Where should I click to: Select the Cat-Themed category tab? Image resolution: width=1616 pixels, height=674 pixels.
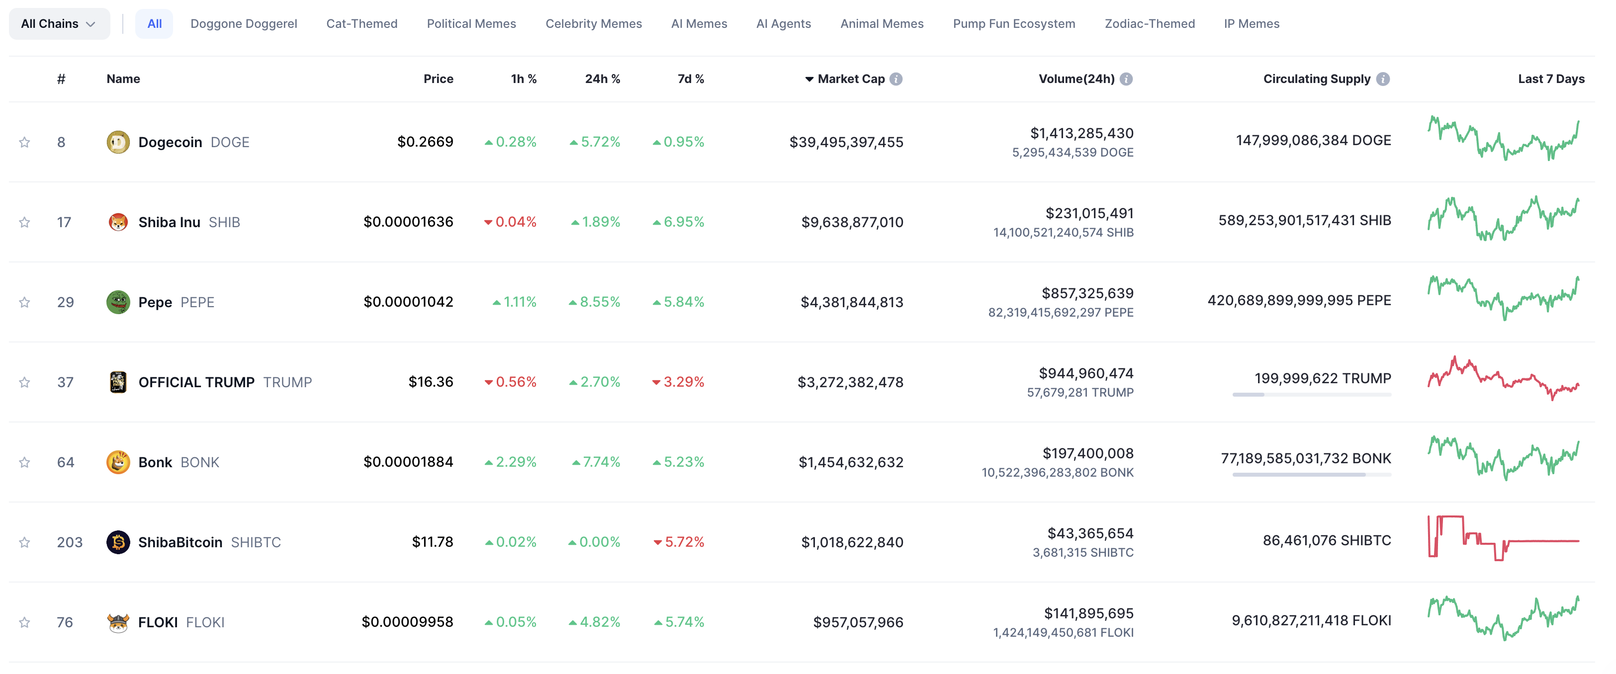361,24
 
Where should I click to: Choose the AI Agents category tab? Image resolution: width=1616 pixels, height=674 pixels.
783,24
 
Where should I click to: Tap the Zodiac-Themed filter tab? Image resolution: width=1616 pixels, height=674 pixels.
1149,24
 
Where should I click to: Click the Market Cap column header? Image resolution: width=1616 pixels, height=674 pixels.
850,79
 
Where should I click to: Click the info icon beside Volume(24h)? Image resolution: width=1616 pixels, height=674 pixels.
1126,79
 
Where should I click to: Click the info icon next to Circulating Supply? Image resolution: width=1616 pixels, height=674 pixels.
1383,79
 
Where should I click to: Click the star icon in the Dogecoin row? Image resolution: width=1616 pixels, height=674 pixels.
24,142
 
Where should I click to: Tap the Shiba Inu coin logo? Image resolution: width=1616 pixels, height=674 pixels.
118,222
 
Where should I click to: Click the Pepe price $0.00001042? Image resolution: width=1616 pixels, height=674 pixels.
408,302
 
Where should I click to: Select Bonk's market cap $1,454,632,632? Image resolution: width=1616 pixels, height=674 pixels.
850,462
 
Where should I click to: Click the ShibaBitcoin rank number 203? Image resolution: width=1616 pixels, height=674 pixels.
69,542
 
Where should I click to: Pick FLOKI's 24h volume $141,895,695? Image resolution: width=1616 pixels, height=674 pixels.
1088,613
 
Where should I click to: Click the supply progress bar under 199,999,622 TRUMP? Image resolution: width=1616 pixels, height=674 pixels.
1311,394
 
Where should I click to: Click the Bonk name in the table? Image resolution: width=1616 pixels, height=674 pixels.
155,462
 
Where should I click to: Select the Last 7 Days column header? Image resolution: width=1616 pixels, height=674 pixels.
1550,79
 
